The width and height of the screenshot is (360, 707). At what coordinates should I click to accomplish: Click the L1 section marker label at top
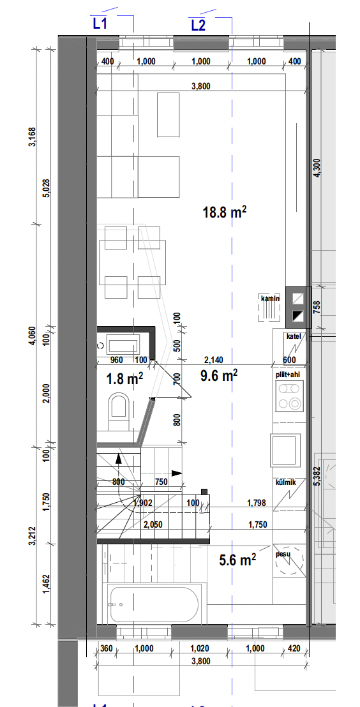coord(100,24)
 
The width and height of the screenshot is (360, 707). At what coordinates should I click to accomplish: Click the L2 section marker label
coord(198,26)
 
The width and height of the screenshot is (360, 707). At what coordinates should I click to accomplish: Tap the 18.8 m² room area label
coord(225,212)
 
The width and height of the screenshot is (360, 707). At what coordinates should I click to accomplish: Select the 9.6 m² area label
coord(219,375)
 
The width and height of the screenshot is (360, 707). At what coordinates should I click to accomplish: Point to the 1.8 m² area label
coord(124,379)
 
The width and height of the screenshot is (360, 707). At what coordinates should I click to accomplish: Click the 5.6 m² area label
coord(237,560)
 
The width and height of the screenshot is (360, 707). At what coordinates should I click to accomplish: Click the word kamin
coord(270,299)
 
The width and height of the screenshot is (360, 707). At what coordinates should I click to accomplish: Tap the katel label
coord(293,336)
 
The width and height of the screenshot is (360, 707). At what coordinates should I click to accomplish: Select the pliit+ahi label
coord(289,375)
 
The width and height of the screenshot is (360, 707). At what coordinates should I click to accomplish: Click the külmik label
coord(285,483)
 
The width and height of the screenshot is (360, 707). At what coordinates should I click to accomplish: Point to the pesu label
coord(283,554)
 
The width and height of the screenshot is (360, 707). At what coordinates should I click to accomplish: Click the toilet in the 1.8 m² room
coord(119,410)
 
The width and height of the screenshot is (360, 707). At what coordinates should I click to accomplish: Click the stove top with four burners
coord(289,396)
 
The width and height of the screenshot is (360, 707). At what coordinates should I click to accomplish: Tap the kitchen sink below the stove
coord(285,450)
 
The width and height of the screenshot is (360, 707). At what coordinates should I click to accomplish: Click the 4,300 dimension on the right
coord(317,168)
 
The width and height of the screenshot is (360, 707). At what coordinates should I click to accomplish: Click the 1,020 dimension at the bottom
coord(200,649)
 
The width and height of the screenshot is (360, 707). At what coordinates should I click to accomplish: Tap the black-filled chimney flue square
coord(298,315)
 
